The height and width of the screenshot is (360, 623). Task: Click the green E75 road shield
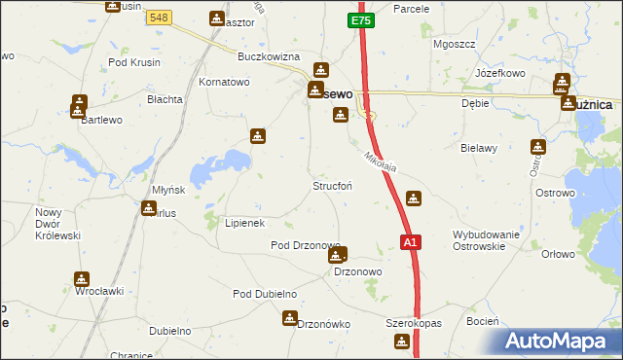point(360,19)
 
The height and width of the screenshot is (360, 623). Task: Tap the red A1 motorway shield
point(410,242)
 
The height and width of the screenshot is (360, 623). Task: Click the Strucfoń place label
point(332,186)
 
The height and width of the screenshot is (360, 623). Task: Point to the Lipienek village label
point(245,223)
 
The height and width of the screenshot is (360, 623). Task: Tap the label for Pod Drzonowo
point(305,245)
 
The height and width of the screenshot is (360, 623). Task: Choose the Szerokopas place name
point(414,323)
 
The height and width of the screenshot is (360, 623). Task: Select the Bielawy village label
point(479,148)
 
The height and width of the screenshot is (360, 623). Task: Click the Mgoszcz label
point(453,44)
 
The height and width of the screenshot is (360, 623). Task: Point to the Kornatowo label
point(225,83)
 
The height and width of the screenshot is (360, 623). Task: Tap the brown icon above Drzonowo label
point(337,256)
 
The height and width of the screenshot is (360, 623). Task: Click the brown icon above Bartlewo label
point(79,103)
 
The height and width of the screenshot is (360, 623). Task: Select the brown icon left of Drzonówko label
point(289,318)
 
